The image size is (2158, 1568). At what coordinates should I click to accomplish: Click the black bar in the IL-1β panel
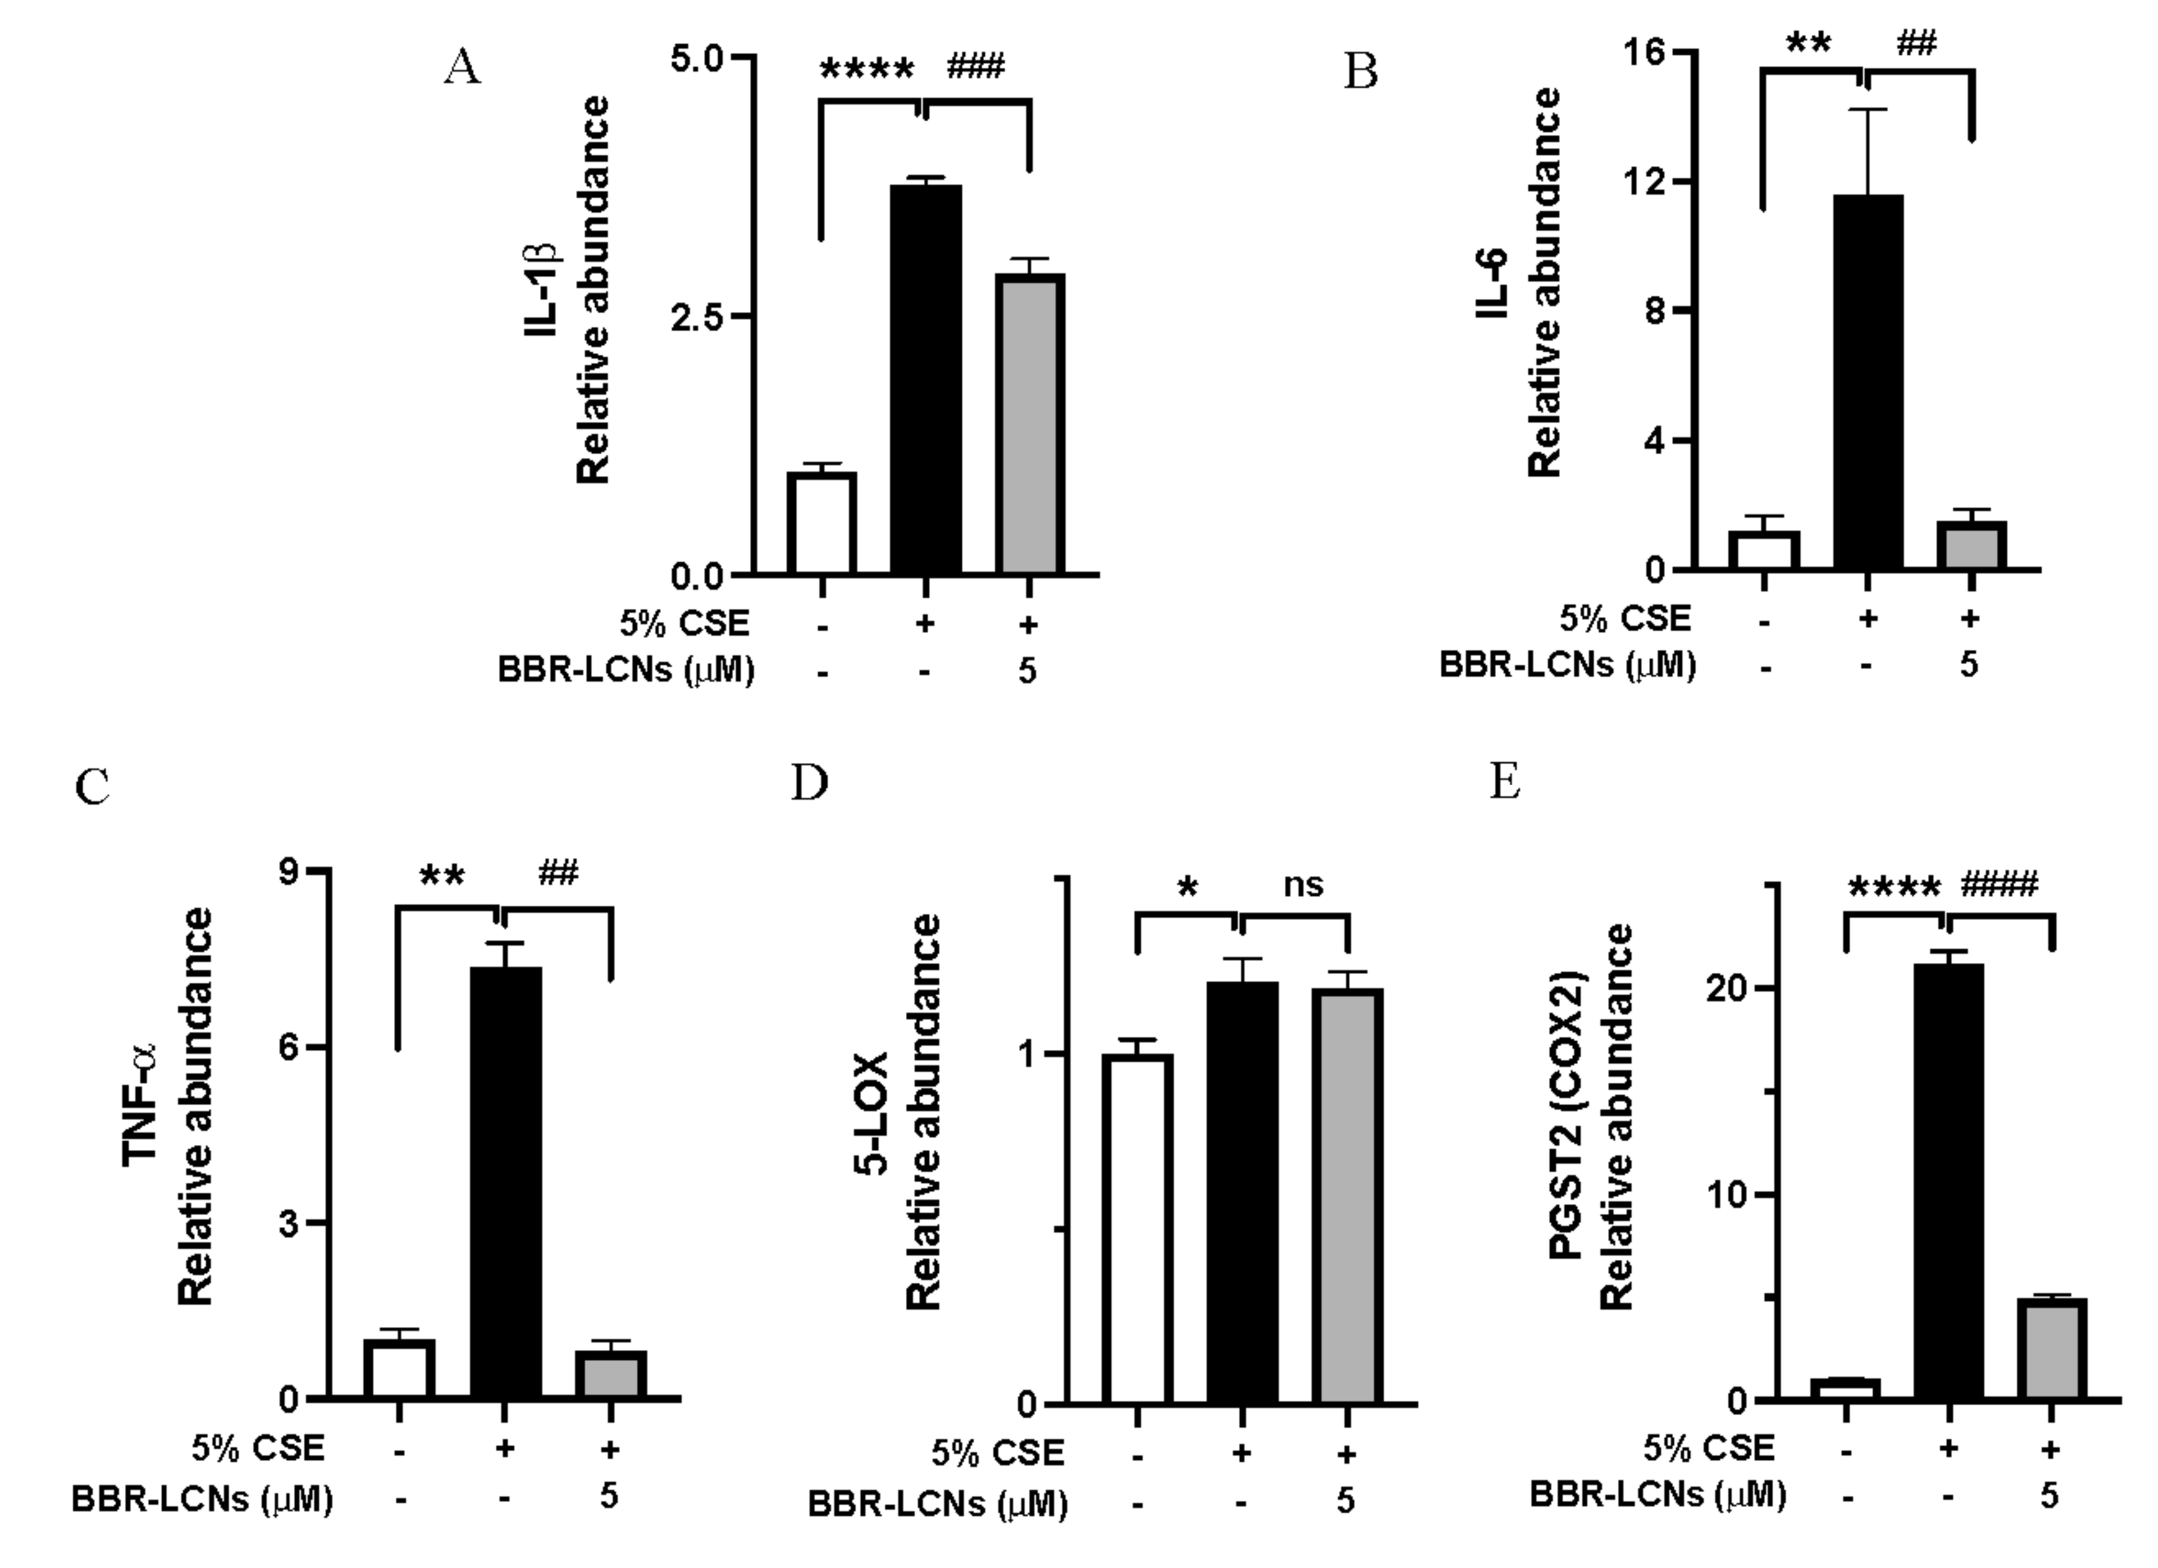tap(925, 381)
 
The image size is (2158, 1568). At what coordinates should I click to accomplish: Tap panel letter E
tap(1504, 782)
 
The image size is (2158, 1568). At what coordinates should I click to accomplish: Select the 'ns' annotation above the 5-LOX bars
tap(1303, 885)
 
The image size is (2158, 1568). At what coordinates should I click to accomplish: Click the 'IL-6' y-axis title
tap(1494, 283)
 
